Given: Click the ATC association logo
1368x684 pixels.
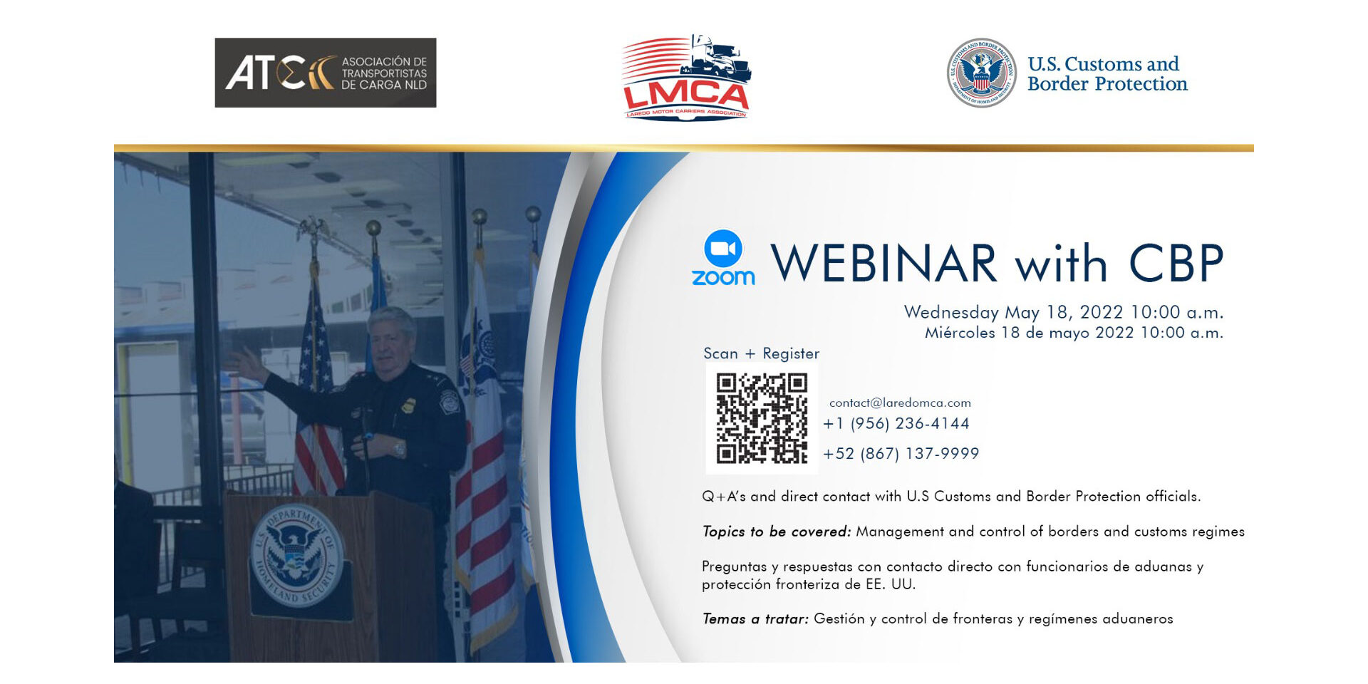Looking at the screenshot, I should pyautogui.click(x=325, y=73).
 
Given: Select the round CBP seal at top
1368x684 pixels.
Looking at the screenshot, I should pyautogui.click(x=981, y=73).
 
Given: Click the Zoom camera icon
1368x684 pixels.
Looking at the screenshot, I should pyautogui.click(x=723, y=249).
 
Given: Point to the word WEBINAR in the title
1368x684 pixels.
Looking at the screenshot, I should pyautogui.click(x=883, y=264).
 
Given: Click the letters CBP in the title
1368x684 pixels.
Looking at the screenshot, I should pyautogui.click(x=1176, y=264).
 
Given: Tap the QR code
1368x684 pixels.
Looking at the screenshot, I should pyautogui.click(x=761, y=418).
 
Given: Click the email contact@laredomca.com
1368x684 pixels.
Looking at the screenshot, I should pyautogui.click(x=900, y=403).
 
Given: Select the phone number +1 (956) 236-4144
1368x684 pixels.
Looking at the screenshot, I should pyautogui.click(x=896, y=423).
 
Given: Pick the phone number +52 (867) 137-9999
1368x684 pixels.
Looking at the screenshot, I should pyautogui.click(x=901, y=453).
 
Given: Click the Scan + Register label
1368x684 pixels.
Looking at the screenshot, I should pyautogui.click(x=761, y=353).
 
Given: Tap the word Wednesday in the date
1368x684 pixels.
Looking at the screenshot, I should pyautogui.click(x=951, y=312).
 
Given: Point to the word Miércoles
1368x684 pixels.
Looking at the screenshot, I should pyautogui.click(x=959, y=333).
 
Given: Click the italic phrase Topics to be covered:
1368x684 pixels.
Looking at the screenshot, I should pyautogui.click(x=776, y=532).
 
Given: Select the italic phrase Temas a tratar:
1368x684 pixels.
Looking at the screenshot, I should pyautogui.click(x=755, y=618).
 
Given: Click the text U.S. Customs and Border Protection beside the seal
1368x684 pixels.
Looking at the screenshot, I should pyautogui.click(x=1107, y=74).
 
